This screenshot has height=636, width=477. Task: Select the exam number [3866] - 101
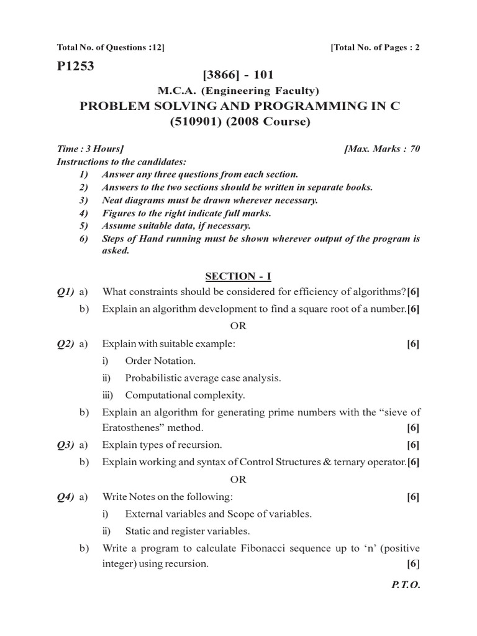pos(238,76)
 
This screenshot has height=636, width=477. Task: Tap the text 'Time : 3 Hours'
pos(90,149)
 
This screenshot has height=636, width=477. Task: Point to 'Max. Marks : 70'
pos(381,149)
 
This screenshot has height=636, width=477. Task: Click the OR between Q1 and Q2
pos(238,326)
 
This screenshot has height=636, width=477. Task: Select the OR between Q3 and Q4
pos(238,479)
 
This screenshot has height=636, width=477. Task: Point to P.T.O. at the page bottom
pos(406,585)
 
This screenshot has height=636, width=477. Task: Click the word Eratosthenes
pos(131,428)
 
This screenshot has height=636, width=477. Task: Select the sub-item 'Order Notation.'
pos(160,360)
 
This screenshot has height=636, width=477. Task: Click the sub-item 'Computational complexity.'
pos(185,394)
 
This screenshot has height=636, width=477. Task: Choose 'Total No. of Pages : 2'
pos(376,48)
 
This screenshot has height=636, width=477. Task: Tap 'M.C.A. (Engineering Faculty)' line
pos(238,91)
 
